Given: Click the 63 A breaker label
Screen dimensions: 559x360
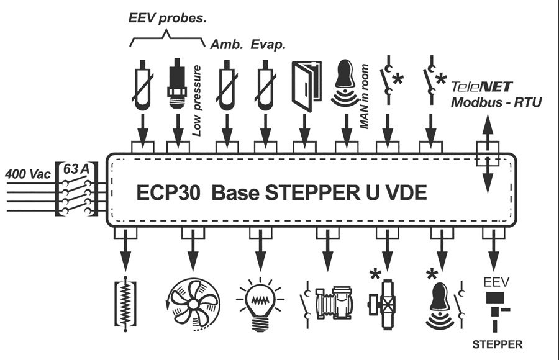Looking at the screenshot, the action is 76,169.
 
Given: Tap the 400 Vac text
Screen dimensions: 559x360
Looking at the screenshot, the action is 28,174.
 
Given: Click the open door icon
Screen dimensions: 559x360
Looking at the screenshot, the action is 306,86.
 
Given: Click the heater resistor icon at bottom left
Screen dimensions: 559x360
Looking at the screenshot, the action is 125,304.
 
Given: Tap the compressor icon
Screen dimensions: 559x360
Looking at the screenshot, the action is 334,303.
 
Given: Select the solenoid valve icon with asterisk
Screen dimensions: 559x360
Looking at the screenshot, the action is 382,304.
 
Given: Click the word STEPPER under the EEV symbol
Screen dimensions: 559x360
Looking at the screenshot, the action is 498,344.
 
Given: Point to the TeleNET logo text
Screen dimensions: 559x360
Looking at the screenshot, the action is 481,87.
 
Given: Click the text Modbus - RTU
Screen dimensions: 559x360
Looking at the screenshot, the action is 496,102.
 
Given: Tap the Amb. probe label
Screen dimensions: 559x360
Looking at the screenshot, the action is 226,45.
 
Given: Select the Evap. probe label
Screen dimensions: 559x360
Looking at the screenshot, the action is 268,45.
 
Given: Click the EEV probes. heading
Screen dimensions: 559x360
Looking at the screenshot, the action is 167,18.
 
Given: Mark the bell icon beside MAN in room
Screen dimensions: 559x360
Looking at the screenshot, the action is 344,83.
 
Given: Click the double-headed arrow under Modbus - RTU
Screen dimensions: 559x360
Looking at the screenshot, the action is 488,154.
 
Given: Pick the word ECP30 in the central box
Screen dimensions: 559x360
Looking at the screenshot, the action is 168,193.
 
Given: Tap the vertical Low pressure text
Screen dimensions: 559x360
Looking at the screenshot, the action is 197,101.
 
